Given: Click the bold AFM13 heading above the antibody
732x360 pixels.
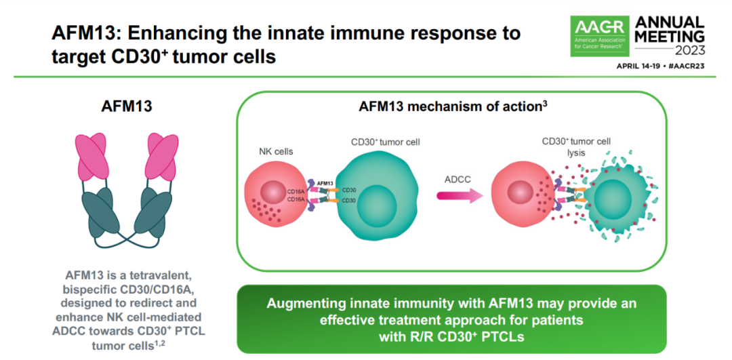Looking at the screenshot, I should (127, 106).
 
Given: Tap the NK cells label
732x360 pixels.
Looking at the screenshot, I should (275, 152).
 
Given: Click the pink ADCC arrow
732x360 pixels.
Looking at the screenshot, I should (457, 196).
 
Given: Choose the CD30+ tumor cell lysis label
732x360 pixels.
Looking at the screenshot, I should (576, 147).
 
